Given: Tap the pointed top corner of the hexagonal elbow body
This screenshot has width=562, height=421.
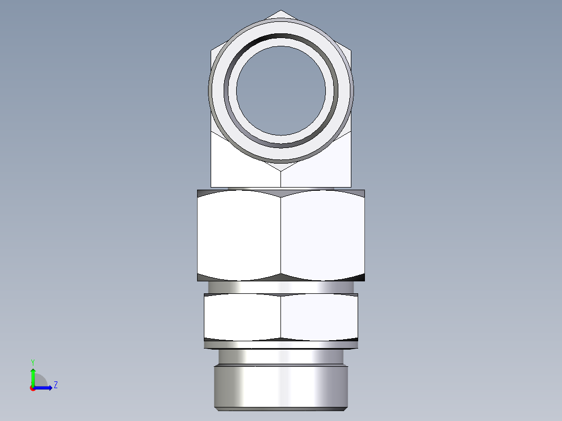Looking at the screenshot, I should [281, 11].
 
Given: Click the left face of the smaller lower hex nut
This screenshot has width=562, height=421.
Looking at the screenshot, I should [242, 317].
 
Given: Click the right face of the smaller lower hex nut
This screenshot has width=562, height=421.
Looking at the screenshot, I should [319, 317].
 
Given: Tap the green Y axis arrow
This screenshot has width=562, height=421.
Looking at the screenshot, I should [33, 375].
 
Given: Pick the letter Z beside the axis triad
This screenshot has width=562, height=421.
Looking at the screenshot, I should [56, 385].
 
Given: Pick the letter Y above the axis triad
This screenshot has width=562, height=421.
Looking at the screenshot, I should [32, 362].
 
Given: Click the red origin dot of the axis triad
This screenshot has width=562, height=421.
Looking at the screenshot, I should [32, 388].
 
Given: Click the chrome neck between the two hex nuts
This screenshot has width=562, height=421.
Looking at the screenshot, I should [281, 288].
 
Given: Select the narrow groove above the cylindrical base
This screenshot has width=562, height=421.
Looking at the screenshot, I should [281, 356].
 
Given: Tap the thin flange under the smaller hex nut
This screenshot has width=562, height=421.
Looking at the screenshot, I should [281, 344].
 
